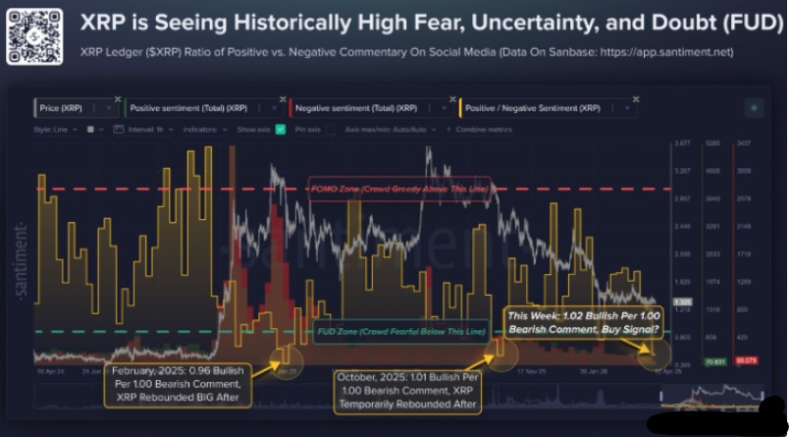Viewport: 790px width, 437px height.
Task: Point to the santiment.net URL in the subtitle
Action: point(666,51)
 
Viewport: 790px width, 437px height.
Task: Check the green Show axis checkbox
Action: point(281,129)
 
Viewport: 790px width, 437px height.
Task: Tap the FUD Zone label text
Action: point(402,332)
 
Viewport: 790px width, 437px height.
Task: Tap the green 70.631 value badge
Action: point(711,361)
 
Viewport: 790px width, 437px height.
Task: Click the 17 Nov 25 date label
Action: point(506,372)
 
